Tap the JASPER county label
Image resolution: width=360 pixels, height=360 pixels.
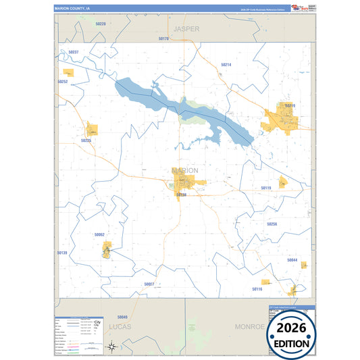point(186,30)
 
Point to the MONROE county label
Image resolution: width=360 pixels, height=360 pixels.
point(250,326)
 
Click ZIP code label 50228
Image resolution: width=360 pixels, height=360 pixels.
point(101,24)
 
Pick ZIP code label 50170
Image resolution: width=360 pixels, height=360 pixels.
point(163,39)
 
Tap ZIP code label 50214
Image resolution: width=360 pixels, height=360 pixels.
point(226,65)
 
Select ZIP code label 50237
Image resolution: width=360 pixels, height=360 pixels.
point(74,52)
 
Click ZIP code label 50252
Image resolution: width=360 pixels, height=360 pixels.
point(63,82)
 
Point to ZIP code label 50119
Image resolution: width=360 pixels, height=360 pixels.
point(266,188)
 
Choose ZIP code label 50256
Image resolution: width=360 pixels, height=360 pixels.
point(272,224)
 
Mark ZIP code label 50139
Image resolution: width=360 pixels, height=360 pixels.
point(62,253)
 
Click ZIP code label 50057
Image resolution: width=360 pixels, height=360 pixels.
point(149,284)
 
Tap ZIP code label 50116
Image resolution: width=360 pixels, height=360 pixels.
point(257,288)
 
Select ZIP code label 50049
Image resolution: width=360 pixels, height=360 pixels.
point(122,317)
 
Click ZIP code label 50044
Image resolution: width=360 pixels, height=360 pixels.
point(292,259)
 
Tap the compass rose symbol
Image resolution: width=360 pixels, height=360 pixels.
point(111,346)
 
